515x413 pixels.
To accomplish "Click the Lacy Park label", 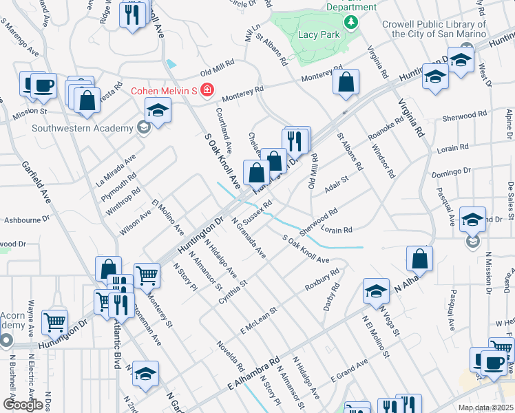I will click(x=318, y=34).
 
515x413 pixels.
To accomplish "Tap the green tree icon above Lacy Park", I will click(x=351, y=23).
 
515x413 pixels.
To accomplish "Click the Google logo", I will click(x=23, y=405).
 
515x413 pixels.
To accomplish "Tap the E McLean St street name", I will click(x=257, y=319).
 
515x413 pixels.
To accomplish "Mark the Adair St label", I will click(x=337, y=185).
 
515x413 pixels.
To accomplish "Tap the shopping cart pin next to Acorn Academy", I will click(x=55, y=321).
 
